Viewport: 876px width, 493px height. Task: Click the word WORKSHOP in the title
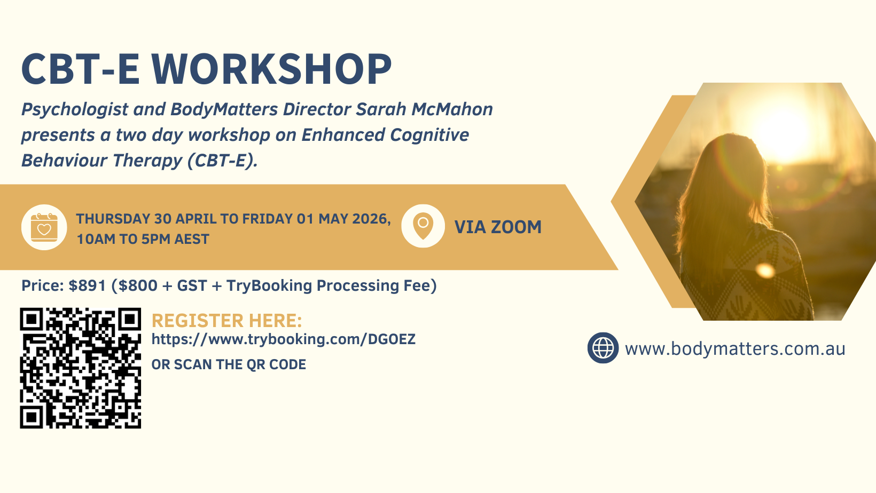pyautogui.click(x=271, y=69)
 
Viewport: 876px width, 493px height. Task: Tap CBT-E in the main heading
pyautogui.click(x=80, y=69)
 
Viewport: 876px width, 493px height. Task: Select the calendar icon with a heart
pyautogui.click(x=44, y=227)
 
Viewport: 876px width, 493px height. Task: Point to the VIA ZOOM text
pyautogui.click(x=498, y=227)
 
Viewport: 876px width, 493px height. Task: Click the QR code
pyautogui.click(x=81, y=368)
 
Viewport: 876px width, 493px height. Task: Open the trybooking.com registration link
pyautogui.click(x=284, y=339)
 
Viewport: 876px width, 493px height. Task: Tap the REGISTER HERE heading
pyautogui.click(x=227, y=321)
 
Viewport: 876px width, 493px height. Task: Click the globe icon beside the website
pyautogui.click(x=603, y=348)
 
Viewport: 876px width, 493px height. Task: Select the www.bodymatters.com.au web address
pyautogui.click(x=735, y=348)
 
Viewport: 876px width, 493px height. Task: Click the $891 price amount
pyautogui.click(x=87, y=285)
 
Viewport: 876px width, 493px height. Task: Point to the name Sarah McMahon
pyautogui.click(x=424, y=109)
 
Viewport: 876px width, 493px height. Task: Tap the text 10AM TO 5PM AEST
pyautogui.click(x=143, y=239)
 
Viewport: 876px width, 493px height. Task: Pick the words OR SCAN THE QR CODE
pyautogui.click(x=229, y=364)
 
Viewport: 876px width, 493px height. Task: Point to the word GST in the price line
pyautogui.click(x=192, y=285)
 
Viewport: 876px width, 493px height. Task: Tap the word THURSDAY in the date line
pyautogui.click(x=113, y=219)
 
